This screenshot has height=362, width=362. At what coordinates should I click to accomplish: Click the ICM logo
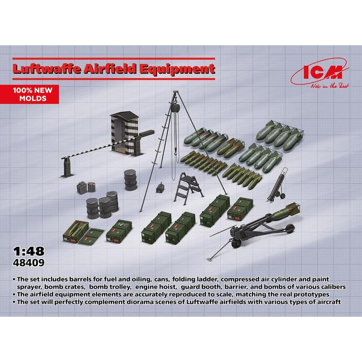320,73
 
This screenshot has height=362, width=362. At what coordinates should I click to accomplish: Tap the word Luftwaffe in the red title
47,69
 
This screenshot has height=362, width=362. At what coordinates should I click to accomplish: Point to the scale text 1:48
29,252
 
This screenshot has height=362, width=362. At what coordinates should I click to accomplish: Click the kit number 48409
29,263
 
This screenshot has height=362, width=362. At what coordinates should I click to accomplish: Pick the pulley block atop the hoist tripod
176,107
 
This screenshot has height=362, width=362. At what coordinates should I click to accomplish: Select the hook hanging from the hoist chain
176,150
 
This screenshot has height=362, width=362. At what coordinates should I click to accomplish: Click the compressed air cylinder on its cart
278,184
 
